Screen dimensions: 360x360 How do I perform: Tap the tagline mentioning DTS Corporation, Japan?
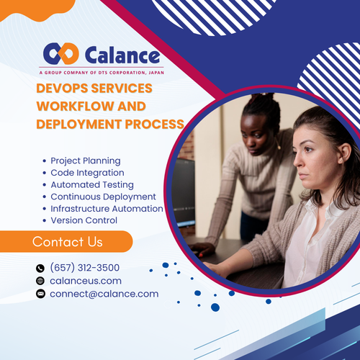point(100,73)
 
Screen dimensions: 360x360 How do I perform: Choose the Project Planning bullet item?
point(85,161)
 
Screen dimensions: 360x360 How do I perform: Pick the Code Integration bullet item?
point(87,173)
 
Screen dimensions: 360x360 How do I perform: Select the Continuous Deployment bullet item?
point(103,197)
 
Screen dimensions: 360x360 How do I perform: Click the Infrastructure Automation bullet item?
point(107,208)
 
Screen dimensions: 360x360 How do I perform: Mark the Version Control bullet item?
point(84,220)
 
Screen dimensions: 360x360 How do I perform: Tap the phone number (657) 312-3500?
point(84,268)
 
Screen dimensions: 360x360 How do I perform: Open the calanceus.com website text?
point(85,281)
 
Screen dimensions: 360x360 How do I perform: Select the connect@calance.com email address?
point(104,294)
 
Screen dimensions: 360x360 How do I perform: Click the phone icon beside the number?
point(40,269)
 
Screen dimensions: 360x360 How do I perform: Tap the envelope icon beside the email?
point(40,294)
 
